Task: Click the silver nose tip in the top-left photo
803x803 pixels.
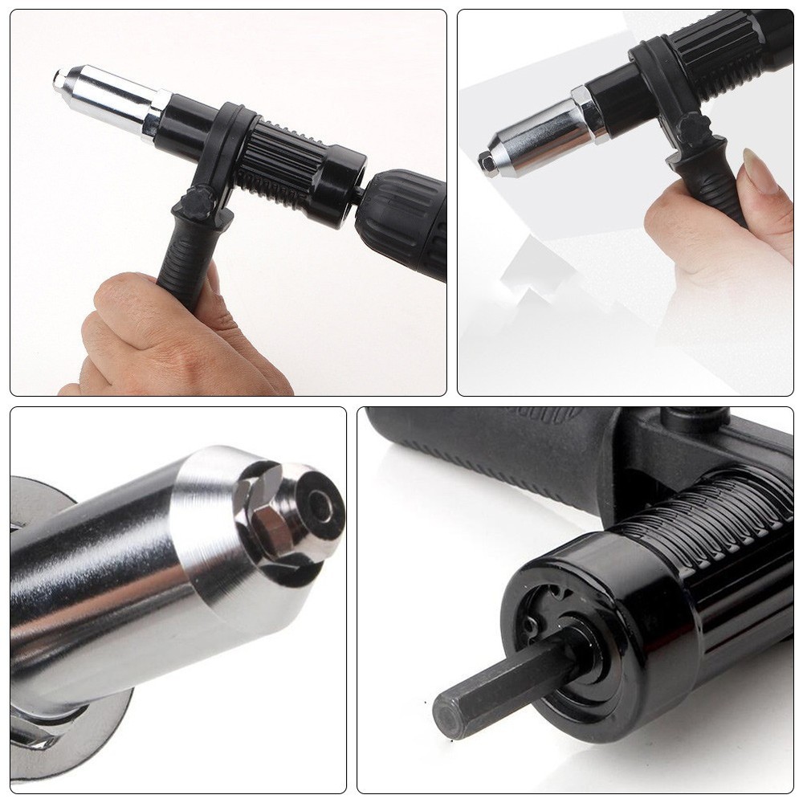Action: tap(59, 79)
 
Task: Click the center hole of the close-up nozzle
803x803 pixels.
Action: tap(320, 505)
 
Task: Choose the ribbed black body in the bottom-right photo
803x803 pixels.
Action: tap(707, 530)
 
